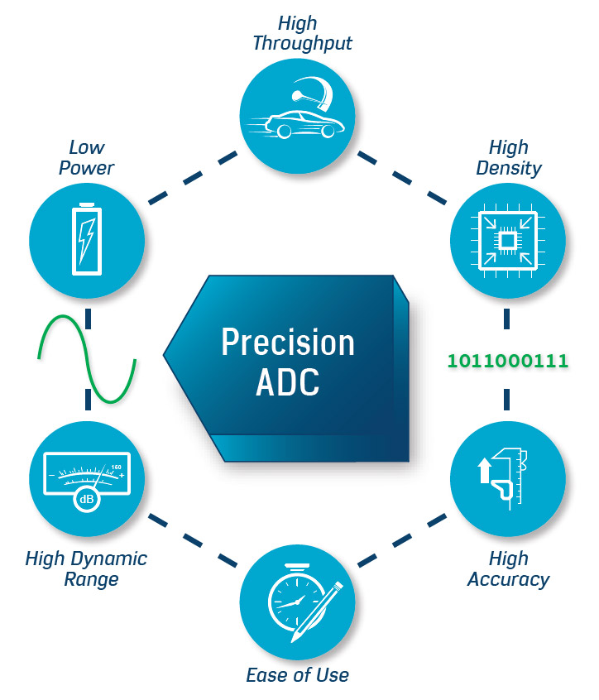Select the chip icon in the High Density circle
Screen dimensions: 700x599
tap(506, 241)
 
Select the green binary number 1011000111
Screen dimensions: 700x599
tap(507, 361)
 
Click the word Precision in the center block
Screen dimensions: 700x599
tap(287, 343)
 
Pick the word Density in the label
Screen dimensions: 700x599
tap(508, 169)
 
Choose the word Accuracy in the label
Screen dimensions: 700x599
tap(508, 579)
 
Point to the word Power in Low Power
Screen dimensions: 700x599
tap(86, 168)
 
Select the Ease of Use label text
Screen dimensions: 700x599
tap(297, 674)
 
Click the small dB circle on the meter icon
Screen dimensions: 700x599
tap(85, 499)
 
